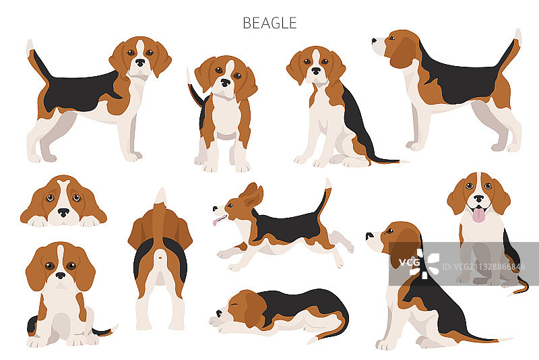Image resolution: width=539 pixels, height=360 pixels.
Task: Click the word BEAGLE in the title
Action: (269, 23)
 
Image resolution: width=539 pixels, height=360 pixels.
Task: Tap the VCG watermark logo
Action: (419, 264)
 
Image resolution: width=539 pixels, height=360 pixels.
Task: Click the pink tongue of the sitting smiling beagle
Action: (478, 215)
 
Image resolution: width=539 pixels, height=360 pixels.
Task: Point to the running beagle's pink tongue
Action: (218, 220)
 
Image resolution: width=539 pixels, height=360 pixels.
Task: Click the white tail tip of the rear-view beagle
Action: (161, 196)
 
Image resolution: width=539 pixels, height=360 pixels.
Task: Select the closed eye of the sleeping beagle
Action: (234, 304)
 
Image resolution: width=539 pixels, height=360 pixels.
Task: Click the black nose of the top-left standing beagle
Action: (140, 63)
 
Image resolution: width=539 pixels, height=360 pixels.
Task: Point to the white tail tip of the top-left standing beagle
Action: (30, 46)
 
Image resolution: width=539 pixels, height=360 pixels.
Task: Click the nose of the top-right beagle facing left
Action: (374, 41)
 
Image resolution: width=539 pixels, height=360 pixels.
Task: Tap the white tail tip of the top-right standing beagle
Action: (517, 36)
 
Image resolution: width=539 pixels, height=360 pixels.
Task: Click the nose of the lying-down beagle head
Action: (63, 212)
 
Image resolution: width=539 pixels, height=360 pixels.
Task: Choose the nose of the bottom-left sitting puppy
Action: (61, 276)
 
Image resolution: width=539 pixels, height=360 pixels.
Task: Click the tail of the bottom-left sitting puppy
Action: (105, 331)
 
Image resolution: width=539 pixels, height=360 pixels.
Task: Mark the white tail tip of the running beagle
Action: (328, 183)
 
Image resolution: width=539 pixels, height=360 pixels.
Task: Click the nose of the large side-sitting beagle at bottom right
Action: (369, 236)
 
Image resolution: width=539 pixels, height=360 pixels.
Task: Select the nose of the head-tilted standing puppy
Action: (226, 82)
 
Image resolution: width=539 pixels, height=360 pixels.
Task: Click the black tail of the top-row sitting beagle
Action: (385, 160)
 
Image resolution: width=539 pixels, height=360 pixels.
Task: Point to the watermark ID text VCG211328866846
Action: (483, 266)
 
